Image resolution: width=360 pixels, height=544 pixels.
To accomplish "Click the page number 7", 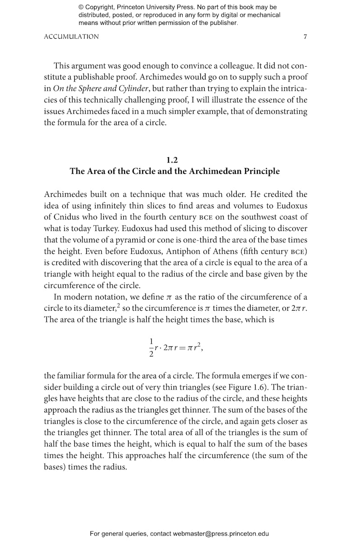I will point(305,37).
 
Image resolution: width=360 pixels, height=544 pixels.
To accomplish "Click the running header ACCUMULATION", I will point(71,37).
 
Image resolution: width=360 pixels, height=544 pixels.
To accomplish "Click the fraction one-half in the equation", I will point(151,347).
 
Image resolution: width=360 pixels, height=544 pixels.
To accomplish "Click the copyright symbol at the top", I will point(81,7).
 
